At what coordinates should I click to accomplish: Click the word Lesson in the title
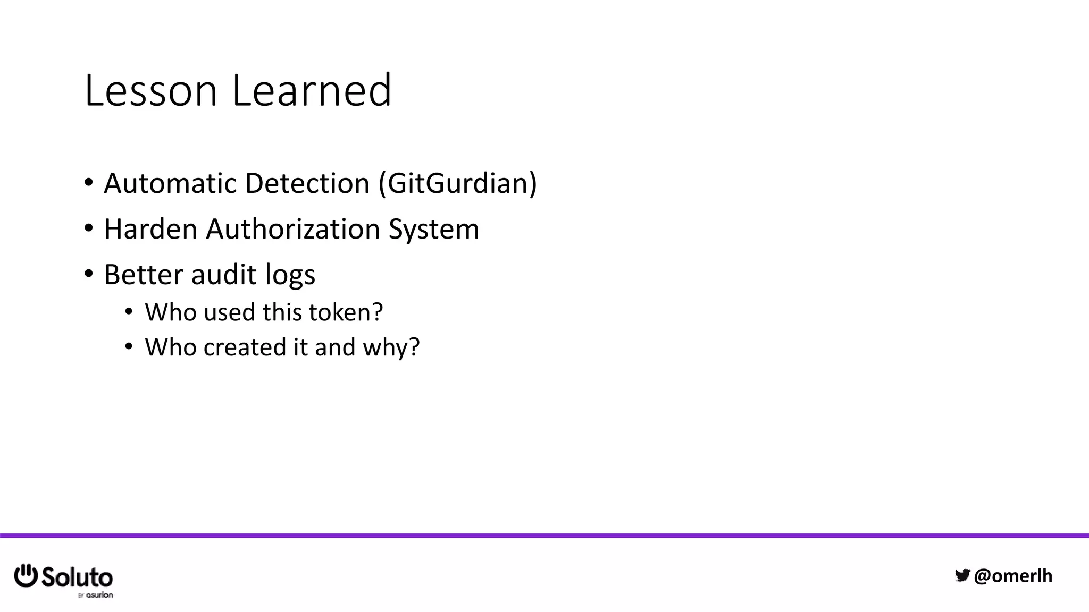(151, 90)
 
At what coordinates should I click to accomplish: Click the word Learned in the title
(312, 90)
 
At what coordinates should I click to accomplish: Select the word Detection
(307, 183)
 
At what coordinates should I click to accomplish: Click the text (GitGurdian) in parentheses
(458, 183)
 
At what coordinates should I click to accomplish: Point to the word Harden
(150, 229)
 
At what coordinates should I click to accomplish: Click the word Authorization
(292, 229)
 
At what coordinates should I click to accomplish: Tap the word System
(433, 230)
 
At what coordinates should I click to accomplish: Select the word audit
(223, 275)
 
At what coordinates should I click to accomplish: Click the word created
(245, 347)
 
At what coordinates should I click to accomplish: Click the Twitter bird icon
(962, 575)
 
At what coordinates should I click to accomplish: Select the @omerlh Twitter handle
(1012, 576)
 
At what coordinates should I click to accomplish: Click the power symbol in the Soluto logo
(26, 576)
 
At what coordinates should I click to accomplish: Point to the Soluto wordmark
(77, 577)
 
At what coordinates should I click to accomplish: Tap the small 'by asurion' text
(96, 595)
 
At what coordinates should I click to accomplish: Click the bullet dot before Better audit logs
(89, 274)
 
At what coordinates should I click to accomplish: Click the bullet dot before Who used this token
(129, 312)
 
